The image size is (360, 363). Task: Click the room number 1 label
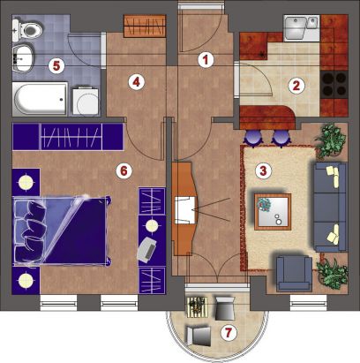coord(206,60)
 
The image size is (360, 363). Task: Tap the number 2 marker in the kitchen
coord(296,86)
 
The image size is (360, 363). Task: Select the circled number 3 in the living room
coord(263,170)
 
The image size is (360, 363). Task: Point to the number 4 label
coord(136,82)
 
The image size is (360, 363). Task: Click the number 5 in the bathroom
coord(56,66)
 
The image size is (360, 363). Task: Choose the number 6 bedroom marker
coord(124,170)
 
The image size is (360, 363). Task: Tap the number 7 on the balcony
coord(229,333)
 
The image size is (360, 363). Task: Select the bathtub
coord(40,98)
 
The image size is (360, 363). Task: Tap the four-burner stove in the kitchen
coord(334,85)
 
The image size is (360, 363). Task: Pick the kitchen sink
coord(301,27)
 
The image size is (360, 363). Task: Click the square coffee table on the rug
coord(273,212)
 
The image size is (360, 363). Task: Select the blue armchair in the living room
coord(294,274)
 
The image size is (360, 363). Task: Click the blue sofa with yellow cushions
coord(330,207)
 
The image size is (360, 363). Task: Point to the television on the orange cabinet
coord(185,210)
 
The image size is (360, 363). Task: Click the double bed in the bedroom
coord(62,231)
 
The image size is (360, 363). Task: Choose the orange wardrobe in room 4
coord(145,26)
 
